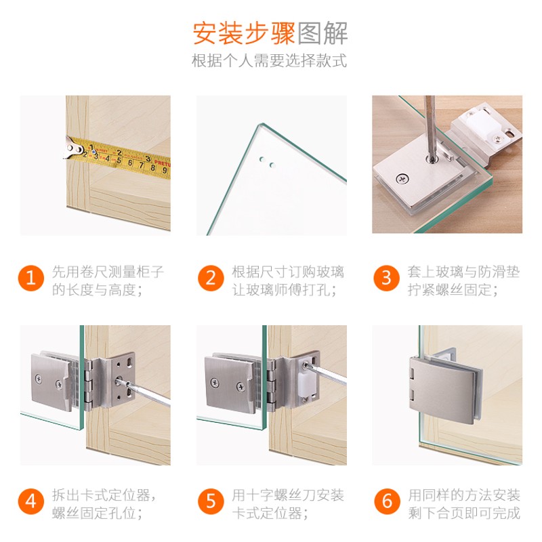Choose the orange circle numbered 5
(x=211, y=502)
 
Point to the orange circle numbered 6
(x=387, y=502)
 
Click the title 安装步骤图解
(x=271, y=32)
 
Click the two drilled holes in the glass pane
(x=266, y=163)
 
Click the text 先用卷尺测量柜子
(x=108, y=272)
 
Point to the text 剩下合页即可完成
(x=464, y=513)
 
